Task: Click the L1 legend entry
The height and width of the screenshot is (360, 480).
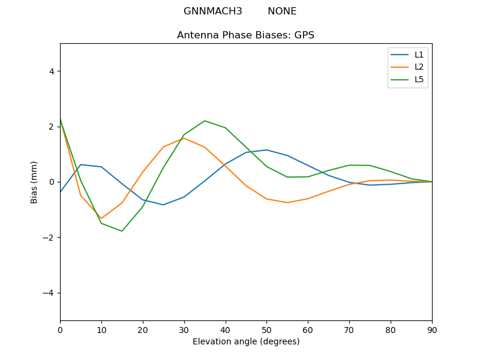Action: pyautogui.click(x=419, y=55)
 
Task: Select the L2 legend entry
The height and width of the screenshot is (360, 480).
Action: pyautogui.click(x=419, y=67)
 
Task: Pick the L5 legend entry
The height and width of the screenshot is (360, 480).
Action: pyautogui.click(x=419, y=79)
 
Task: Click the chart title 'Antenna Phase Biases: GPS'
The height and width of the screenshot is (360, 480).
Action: pyautogui.click(x=245, y=35)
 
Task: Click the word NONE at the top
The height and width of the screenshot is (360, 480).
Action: pyautogui.click(x=282, y=11)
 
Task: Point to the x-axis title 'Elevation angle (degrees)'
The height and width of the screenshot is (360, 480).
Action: pyautogui.click(x=245, y=341)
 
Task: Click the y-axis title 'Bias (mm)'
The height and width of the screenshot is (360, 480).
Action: pyautogui.click(x=35, y=182)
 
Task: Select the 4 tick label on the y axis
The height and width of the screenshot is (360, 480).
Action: pyautogui.click(x=51, y=71)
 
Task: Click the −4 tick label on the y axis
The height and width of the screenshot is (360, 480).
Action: pyautogui.click(x=49, y=293)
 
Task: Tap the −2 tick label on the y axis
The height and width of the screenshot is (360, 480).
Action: pyautogui.click(x=49, y=238)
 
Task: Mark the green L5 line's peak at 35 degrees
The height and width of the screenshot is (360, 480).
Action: pyautogui.click(x=205, y=121)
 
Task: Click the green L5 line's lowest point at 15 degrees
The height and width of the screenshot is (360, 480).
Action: pyautogui.click(x=122, y=231)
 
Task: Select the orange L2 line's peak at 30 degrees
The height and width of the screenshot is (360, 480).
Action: pyautogui.click(x=184, y=138)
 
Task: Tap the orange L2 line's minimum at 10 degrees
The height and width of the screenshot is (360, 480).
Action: pyautogui.click(x=101, y=218)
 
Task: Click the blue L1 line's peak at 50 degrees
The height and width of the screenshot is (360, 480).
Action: pyautogui.click(x=266, y=150)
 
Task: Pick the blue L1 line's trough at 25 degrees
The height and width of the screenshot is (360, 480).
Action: pyautogui.click(x=163, y=205)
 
